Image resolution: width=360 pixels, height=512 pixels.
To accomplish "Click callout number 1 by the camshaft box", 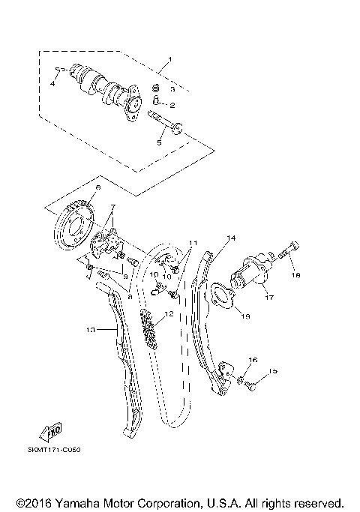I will point(169,60).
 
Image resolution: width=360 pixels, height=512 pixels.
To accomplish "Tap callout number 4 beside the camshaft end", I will point(52,84).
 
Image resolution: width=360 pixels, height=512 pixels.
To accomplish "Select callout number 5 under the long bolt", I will point(159,140).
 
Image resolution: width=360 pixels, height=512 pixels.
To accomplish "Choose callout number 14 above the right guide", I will point(231,238).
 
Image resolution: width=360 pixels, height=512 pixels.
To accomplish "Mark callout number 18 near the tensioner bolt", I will point(295,275).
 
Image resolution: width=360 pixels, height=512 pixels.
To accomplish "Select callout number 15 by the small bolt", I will point(273,371).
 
